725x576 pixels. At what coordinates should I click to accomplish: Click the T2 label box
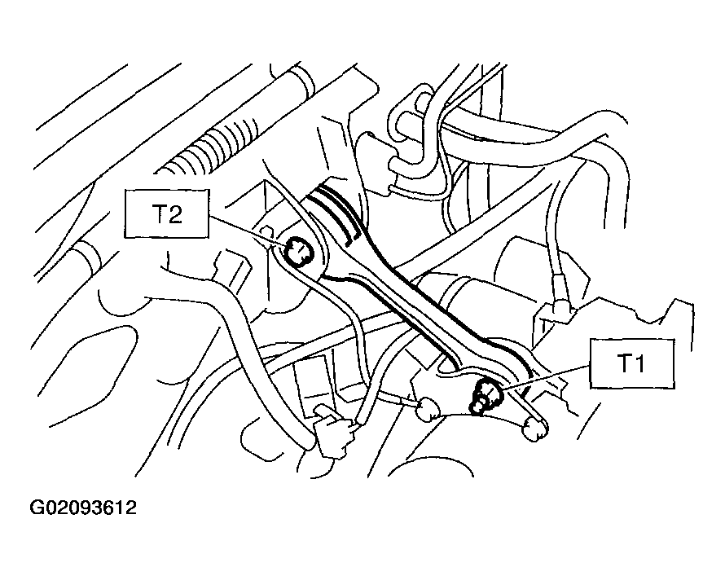(x=166, y=213)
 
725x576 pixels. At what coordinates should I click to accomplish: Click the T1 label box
(x=632, y=364)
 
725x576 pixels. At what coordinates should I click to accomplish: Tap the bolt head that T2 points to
(x=298, y=252)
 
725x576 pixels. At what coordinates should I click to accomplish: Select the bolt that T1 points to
(x=485, y=396)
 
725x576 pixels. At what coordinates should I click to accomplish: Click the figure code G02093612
(x=83, y=508)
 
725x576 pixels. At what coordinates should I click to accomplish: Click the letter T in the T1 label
(x=625, y=363)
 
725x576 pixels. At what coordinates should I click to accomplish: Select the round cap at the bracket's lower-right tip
(x=535, y=429)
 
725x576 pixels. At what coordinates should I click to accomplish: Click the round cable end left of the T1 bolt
(x=427, y=410)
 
